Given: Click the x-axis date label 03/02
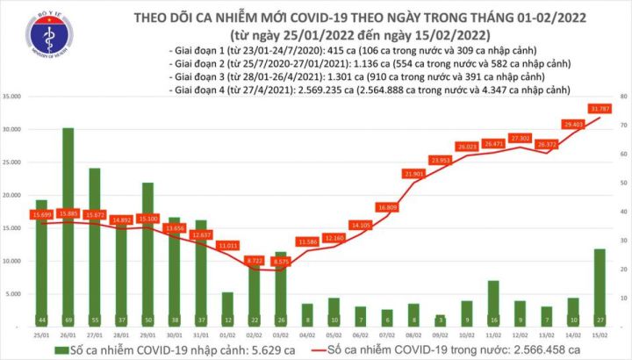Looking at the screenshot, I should [279, 334].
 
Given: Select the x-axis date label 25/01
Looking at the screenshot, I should [40, 334].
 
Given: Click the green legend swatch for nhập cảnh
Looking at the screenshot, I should [61, 349].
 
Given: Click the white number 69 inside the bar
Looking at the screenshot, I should [68, 320].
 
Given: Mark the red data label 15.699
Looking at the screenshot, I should [42, 215].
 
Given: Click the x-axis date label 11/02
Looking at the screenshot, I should [493, 334].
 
